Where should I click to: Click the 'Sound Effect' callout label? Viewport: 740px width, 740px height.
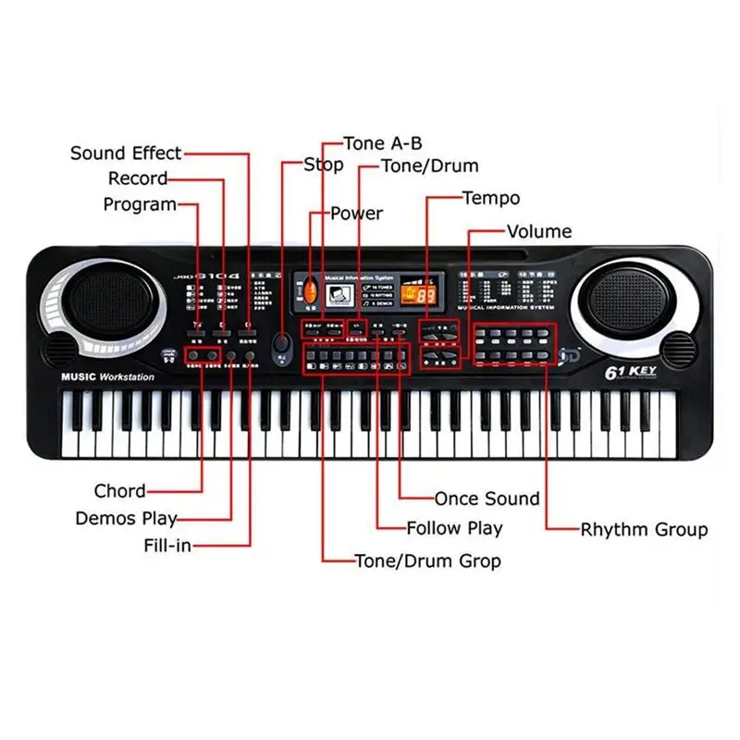126,153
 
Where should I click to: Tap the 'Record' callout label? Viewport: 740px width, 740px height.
138,179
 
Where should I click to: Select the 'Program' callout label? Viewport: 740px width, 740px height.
140,204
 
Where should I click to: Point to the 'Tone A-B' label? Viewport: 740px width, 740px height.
382,143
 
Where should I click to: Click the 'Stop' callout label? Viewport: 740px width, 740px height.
324,166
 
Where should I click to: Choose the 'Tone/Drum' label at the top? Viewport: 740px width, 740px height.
430,166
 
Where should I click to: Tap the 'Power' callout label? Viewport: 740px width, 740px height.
356,214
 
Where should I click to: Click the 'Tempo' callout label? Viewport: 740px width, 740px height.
491,198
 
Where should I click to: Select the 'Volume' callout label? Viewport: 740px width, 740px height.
539,231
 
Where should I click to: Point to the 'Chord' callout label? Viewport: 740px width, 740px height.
119,491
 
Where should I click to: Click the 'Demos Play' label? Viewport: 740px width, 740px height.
126,519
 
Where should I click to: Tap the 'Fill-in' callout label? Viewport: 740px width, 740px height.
167,546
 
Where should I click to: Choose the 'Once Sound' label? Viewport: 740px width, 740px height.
487,499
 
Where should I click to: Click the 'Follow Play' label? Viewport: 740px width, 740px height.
455,529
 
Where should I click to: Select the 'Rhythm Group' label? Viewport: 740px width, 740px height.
644,530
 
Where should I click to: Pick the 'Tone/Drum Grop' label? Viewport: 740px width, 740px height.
427,561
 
